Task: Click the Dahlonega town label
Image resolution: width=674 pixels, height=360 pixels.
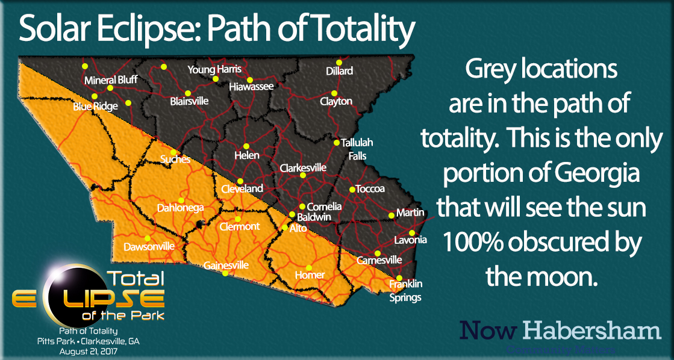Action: pyautogui.click(x=180, y=208)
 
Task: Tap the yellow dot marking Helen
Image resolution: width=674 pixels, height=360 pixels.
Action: pyautogui.click(x=246, y=146)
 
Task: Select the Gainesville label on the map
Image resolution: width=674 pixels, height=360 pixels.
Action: pyautogui.click(x=226, y=265)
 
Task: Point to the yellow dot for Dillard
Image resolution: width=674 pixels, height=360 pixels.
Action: pyautogui.click(x=339, y=62)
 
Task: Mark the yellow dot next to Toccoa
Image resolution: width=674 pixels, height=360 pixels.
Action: pyautogui.click(x=352, y=189)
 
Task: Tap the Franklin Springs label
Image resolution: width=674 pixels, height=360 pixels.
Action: pyautogui.click(x=405, y=290)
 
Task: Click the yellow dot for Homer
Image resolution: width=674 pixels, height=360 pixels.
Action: pyautogui.click(x=309, y=268)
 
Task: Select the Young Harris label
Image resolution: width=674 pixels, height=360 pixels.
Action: pyautogui.click(x=214, y=69)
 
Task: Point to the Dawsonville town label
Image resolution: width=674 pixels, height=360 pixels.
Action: pyautogui.click(x=149, y=247)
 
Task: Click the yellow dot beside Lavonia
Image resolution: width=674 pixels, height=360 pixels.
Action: pyautogui.click(x=412, y=233)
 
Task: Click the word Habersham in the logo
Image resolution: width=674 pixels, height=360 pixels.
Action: pyautogui.click(x=591, y=330)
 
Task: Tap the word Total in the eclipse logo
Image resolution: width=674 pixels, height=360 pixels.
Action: pyautogui.click(x=135, y=278)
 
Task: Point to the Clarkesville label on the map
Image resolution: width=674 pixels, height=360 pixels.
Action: pyautogui.click(x=303, y=167)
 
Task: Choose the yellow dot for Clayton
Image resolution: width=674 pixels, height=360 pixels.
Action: pyautogui.click(x=332, y=93)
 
